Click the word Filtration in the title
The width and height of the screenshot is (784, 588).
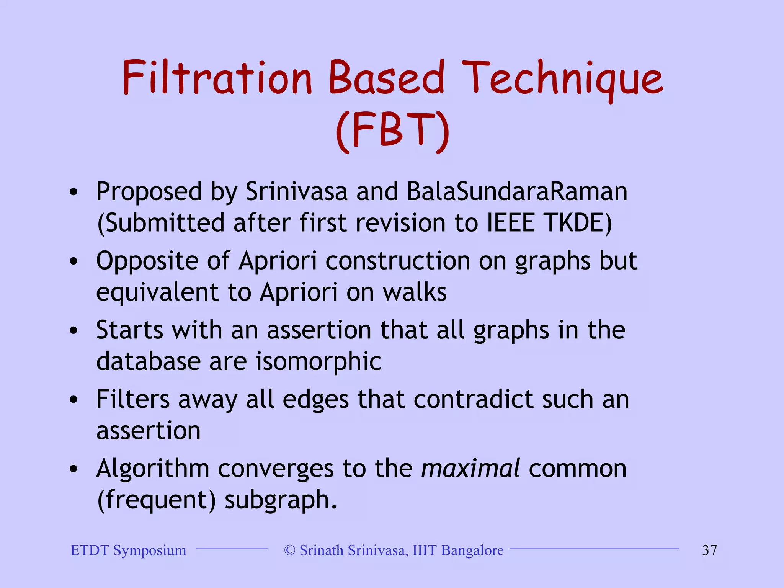[x=217, y=78]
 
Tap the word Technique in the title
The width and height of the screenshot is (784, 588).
[x=562, y=78]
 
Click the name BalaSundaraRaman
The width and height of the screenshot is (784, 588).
[x=517, y=191]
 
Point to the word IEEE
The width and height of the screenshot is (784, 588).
[x=510, y=223]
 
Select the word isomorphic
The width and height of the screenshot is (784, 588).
[x=318, y=362]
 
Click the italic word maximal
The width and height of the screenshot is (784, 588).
[x=470, y=469]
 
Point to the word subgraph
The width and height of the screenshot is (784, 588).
[x=280, y=500]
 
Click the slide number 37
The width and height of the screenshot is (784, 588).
[x=709, y=550]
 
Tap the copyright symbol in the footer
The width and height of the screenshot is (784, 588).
[x=290, y=550]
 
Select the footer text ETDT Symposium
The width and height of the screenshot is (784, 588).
[x=128, y=550]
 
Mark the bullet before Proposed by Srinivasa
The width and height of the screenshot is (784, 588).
[x=73, y=192]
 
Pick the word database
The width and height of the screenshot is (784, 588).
[x=148, y=362]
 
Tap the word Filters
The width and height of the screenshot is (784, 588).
[x=132, y=400]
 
